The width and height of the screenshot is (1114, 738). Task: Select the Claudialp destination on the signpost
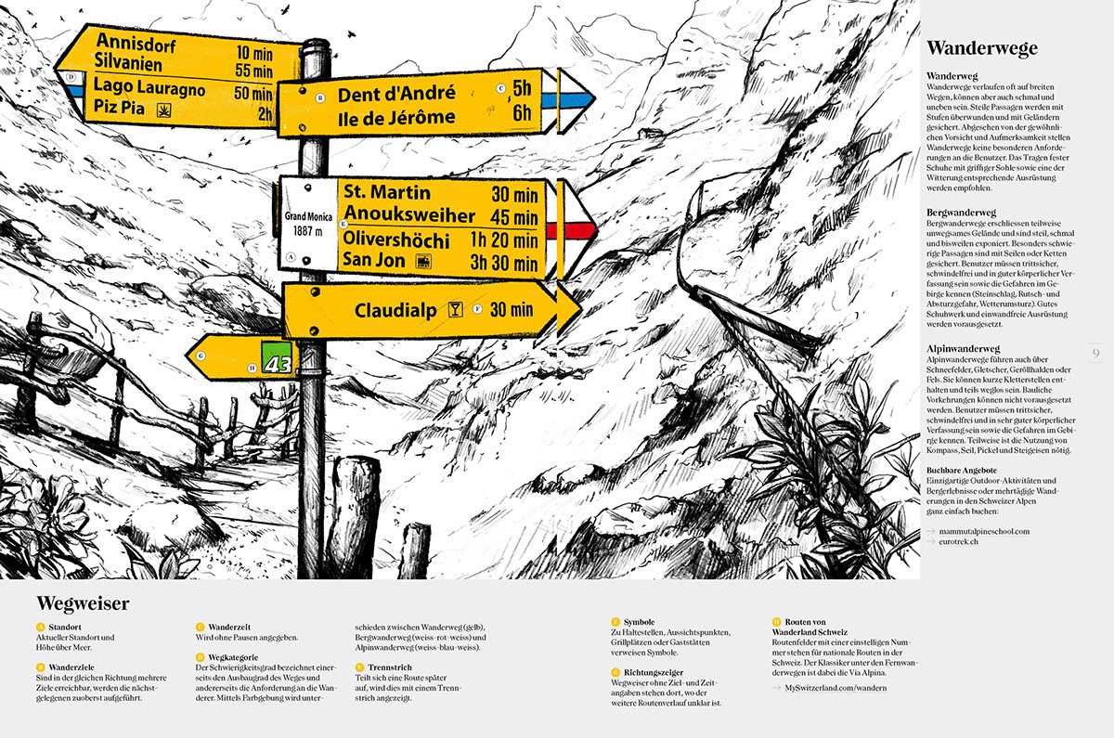tap(395, 310)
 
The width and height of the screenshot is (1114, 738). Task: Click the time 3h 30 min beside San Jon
tap(504, 261)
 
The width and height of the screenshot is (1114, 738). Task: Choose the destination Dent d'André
tap(396, 94)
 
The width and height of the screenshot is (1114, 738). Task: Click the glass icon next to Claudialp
tap(455, 309)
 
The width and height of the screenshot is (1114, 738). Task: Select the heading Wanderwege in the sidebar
tap(981, 48)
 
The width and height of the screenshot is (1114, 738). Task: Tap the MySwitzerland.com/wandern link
tap(835, 688)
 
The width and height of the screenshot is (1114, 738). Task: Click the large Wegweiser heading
tap(83, 604)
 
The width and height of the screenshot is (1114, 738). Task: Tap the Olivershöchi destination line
tap(396, 239)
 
